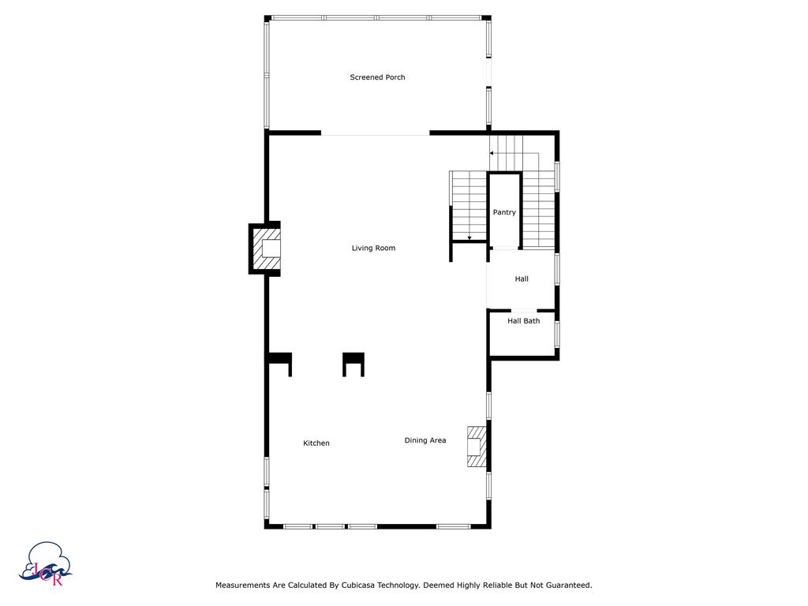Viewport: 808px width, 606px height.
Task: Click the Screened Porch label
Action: (x=377, y=77)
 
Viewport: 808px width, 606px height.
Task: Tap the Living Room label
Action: (x=373, y=249)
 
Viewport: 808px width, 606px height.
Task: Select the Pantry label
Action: (x=504, y=212)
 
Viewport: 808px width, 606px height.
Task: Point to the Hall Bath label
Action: (x=523, y=321)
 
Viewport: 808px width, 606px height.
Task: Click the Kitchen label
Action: (x=316, y=443)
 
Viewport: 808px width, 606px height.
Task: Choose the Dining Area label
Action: (x=425, y=440)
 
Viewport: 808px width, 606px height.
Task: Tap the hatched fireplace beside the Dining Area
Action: (x=476, y=447)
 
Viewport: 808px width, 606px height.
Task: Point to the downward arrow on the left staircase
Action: (x=469, y=236)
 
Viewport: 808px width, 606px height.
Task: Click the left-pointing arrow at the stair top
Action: (x=492, y=153)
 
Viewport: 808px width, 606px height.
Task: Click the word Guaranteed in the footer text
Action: (x=565, y=585)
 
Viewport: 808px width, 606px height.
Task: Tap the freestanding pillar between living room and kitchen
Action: (x=353, y=362)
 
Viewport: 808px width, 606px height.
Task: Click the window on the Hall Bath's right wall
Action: (x=557, y=333)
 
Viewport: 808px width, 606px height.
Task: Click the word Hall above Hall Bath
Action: (x=522, y=279)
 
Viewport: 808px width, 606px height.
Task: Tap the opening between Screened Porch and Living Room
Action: (x=375, y=134)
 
